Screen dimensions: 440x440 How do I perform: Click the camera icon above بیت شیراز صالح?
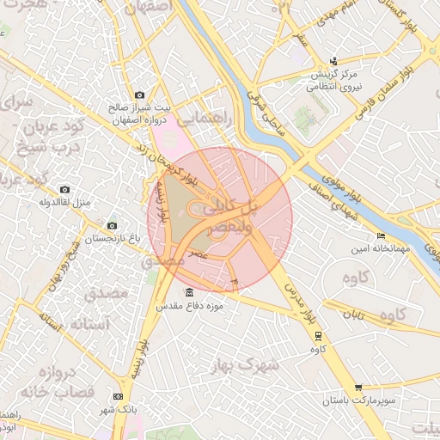(x=139, y=95)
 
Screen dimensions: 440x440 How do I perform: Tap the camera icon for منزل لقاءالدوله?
(x=64, y=189)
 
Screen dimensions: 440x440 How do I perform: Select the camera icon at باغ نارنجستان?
(x=112, y=225)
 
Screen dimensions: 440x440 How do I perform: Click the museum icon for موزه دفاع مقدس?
(x=189, y=293)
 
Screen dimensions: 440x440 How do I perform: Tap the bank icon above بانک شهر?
(x=118, y=396)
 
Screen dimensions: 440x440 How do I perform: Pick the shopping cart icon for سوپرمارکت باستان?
(x=358, y=388)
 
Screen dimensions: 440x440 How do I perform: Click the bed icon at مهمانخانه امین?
(x=381, y=236)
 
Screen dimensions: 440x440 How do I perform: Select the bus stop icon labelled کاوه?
(x=318, y=335)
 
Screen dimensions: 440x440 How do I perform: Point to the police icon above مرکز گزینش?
(x=333, y=61)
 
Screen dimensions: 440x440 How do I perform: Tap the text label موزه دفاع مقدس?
(x=189, y=306)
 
